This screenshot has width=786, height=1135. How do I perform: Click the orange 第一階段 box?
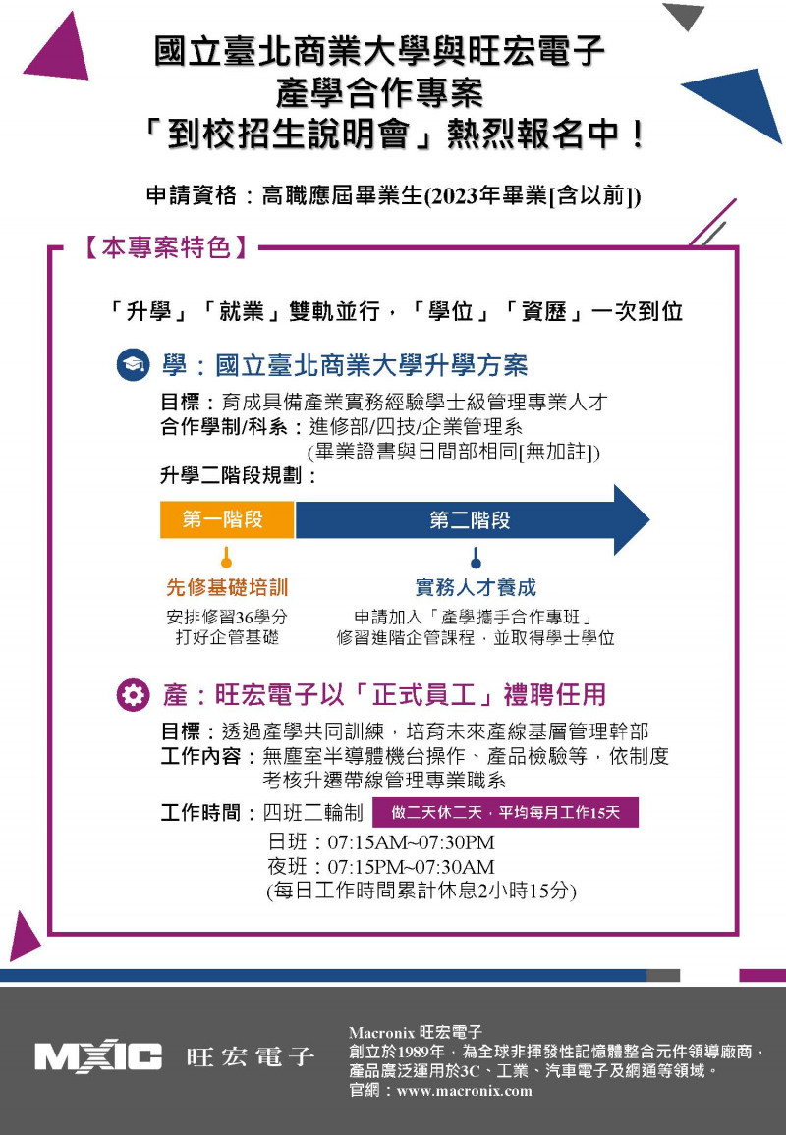(x=227, y=519)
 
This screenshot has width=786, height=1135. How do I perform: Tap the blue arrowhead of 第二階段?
(x=630, y=519)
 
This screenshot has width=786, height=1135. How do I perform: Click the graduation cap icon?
(x=134, y=365)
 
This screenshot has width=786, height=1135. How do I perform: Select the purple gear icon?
(x=134, y=695)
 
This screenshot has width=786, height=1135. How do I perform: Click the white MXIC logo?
(x=98, y=1056)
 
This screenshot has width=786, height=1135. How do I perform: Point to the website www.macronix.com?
(x=465, y=1091)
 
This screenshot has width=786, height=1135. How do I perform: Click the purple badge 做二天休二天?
(x=506, y=812)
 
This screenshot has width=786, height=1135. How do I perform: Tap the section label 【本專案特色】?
(x=166, y=247)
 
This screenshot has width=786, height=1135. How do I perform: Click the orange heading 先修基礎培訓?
(x=227, y=587)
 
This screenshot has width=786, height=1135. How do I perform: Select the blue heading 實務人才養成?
(x=476, y=587)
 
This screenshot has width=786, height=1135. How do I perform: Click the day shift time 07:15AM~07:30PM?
(x=412, y=842)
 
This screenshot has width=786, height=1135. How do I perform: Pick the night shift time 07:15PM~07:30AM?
(x=412, y=866)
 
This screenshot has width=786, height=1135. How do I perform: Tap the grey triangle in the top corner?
(x=683, y=16)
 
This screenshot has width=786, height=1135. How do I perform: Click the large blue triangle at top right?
(x=741, y=100)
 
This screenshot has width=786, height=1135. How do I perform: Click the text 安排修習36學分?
(x=227, y=617)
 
